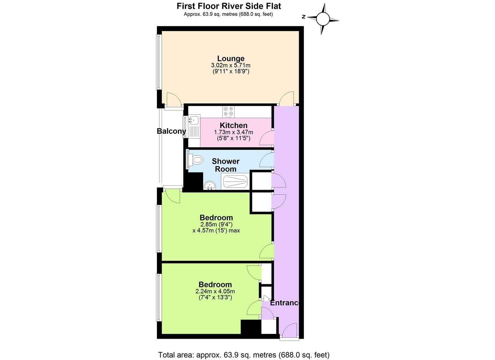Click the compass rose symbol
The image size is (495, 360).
coord(322,19)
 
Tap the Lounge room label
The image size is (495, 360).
coord(231,59)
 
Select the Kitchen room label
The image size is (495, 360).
coord(233,125)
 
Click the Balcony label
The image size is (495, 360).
coord(171,131)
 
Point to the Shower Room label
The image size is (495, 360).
coord(226,165)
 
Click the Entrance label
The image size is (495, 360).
coord(285,303)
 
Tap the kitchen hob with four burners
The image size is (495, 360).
coord(229,112)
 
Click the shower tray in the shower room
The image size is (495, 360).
coord(235,182)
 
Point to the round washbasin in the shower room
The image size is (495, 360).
coord(210,185)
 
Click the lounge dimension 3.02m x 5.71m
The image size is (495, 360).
coord(231,65)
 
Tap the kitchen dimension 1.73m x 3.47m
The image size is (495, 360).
coord(233,132)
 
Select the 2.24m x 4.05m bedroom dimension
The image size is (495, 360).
coord(215,291)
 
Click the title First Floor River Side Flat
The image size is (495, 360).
coord(229,6)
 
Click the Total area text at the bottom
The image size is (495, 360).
coord(244,355)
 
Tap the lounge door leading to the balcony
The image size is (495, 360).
coord(173,100)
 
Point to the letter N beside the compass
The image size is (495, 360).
coord(303,17)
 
